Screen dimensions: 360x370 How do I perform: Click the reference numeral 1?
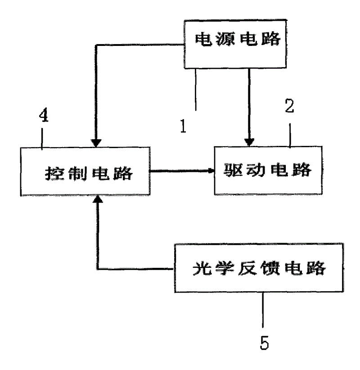click(x=183, y=126)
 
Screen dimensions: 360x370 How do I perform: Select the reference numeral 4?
click(x=44, y=115)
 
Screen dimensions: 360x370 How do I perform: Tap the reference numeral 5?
click(x=264, y=342)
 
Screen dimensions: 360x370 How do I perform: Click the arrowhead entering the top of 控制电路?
click(x=96, y=143)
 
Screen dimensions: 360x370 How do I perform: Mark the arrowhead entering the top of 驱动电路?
click(x=249, y=142)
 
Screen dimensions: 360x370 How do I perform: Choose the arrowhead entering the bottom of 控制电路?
click(x=98, y=199)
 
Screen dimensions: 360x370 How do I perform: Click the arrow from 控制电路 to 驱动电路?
click(x=182, y=171)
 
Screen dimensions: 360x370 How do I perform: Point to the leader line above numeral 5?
click(x=263, y=310)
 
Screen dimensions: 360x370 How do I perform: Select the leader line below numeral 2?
click(x=290, y=135)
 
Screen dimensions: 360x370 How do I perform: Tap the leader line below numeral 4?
click(x=42, y=139)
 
